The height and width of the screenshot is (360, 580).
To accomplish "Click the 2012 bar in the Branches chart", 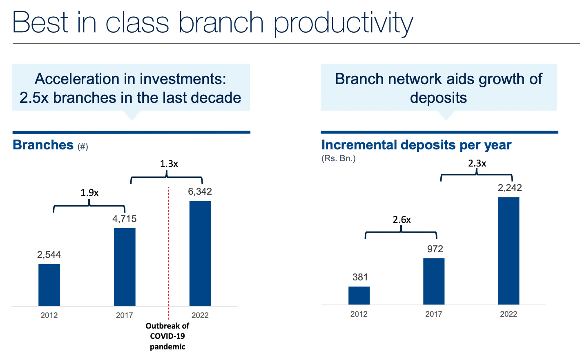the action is tap(49, 284).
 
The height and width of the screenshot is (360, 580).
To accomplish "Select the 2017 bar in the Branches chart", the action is tap(125, 267).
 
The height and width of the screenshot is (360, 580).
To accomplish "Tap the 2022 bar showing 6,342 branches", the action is tap(200, 253).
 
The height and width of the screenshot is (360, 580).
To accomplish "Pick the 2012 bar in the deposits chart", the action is tap(359, 296).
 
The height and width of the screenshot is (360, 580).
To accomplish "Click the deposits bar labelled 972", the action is tap(434, 281).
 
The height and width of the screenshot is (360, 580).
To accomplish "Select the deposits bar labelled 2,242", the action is tap(509, 251).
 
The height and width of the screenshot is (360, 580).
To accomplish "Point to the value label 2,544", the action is tap(49, 255).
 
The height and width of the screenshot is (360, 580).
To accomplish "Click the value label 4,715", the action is tap(124, 219).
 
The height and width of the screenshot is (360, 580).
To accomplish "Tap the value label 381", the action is tap(360, 277).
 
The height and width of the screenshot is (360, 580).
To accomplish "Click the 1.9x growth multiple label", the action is tap(89, 193).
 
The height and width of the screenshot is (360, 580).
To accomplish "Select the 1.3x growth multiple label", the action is tap(169, 164).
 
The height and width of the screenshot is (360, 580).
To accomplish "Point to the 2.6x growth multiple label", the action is tap(402, 220).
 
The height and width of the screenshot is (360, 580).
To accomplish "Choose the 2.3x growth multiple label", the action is tap(477, 163).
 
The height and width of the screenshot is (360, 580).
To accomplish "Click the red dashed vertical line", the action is tap(168, 253).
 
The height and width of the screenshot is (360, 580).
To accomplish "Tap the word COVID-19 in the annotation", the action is tap(167, 336).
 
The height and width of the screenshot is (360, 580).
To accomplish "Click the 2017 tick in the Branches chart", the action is tap(124, 315).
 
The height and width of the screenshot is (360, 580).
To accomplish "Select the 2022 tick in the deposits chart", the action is tap(509, 314).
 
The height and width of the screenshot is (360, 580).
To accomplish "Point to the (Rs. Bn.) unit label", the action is tap(339, 158).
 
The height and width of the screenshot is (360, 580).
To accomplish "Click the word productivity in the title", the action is tap(344, 24).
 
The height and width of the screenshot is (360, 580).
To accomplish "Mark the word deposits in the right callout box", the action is tap(438, 98).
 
